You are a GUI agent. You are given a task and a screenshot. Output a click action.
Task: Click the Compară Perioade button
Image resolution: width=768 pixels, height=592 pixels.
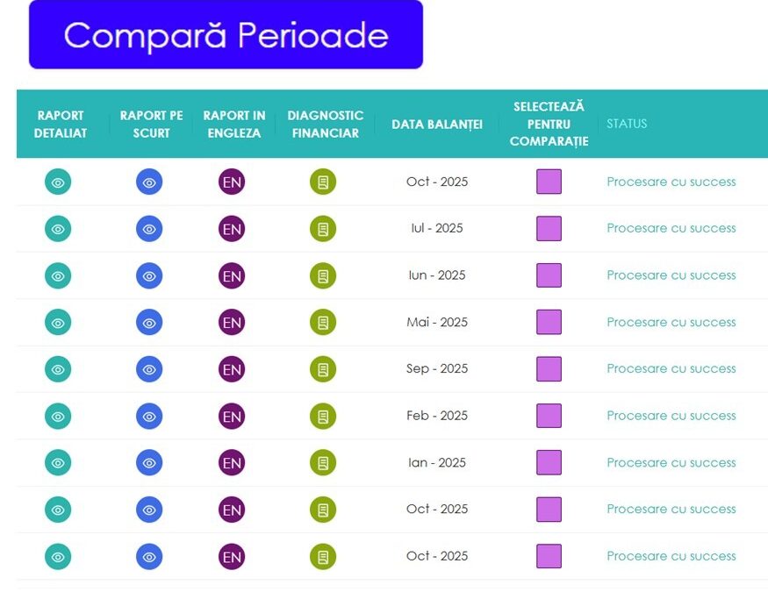click(226, 35)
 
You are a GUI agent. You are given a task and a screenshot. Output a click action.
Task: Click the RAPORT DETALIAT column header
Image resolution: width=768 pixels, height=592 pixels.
click(61, 124)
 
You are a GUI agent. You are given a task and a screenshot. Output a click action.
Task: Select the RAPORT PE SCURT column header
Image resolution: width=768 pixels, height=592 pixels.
click(151, 124)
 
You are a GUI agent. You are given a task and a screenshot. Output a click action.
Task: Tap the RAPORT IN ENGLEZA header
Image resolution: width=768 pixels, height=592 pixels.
click(233, 124)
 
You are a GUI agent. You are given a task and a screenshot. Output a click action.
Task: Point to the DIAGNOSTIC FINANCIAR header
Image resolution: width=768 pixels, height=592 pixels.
click(325, 124)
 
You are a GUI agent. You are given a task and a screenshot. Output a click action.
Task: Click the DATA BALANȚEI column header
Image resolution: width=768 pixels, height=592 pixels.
click(437, 124)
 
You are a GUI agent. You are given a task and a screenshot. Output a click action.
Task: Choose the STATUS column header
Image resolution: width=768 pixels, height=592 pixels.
click(627, 124)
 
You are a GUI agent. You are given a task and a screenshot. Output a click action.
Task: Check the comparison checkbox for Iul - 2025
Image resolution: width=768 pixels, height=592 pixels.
click(549, 229)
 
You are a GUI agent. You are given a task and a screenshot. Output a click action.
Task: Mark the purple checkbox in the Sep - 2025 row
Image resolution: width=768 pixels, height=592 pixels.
click(549, 369)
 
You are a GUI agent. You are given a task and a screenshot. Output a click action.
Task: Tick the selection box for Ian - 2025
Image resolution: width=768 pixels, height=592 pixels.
click(549, 463)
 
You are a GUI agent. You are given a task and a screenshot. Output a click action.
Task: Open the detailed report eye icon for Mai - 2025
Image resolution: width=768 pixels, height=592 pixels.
click(58, 323)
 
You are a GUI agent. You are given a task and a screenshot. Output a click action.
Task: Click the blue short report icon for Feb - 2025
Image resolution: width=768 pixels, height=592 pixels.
click(149, 417)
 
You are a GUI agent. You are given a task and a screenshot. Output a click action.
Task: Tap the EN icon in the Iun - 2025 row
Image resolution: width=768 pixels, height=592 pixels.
click(232, 275)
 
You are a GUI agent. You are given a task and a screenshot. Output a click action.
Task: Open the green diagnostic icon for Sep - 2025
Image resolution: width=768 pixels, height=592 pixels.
click(323, 369)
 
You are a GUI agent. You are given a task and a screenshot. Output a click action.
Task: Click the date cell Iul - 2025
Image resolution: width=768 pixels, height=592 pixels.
click(437, 228)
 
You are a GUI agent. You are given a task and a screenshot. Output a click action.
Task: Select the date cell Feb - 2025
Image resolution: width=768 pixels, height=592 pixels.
click(437, 416)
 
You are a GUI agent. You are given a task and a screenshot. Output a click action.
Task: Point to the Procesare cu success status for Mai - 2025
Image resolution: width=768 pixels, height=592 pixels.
click(671, 322)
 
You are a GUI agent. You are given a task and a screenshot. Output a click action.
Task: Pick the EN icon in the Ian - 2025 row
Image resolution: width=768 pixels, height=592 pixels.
click(232, 463)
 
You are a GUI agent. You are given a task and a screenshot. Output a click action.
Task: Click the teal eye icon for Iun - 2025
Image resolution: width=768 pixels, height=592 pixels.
click(58, 275)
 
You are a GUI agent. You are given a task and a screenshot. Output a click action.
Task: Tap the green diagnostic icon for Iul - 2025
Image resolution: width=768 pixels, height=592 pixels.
click(323, 229)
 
